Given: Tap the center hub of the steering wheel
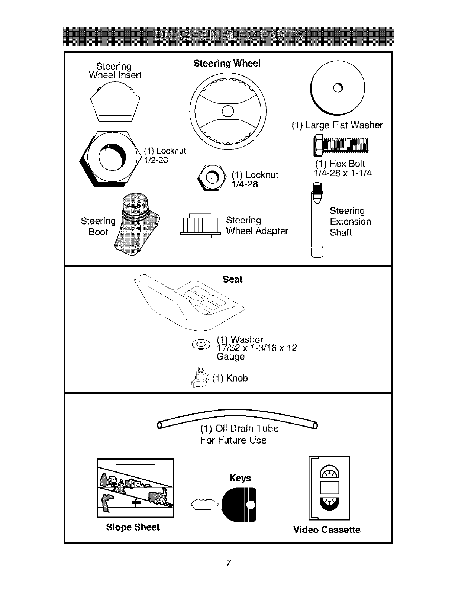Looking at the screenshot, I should click(227, 111).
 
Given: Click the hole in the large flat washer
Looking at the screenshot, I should click(337, 88).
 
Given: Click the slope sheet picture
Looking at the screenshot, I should click(135, 488).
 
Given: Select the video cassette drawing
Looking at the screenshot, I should click(329, 488).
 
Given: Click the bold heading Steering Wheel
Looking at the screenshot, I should click(227, 64).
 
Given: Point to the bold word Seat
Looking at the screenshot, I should click(232, 279).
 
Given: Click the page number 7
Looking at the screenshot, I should click(228, 563).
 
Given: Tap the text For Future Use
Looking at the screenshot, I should click(233, 440).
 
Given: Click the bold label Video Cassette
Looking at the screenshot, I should click(327, 530).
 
